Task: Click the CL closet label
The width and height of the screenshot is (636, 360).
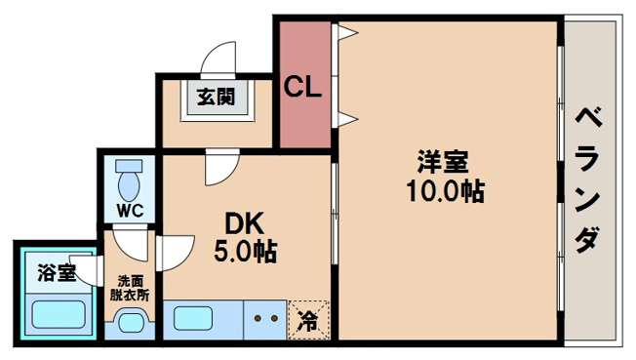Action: point(304,88)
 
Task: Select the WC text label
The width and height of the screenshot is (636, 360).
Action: point(130,209)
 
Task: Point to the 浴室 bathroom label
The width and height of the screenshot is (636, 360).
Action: point(56,272)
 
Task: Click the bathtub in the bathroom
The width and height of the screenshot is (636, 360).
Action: point(59,315)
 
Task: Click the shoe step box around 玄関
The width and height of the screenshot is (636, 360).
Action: point(216,100)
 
